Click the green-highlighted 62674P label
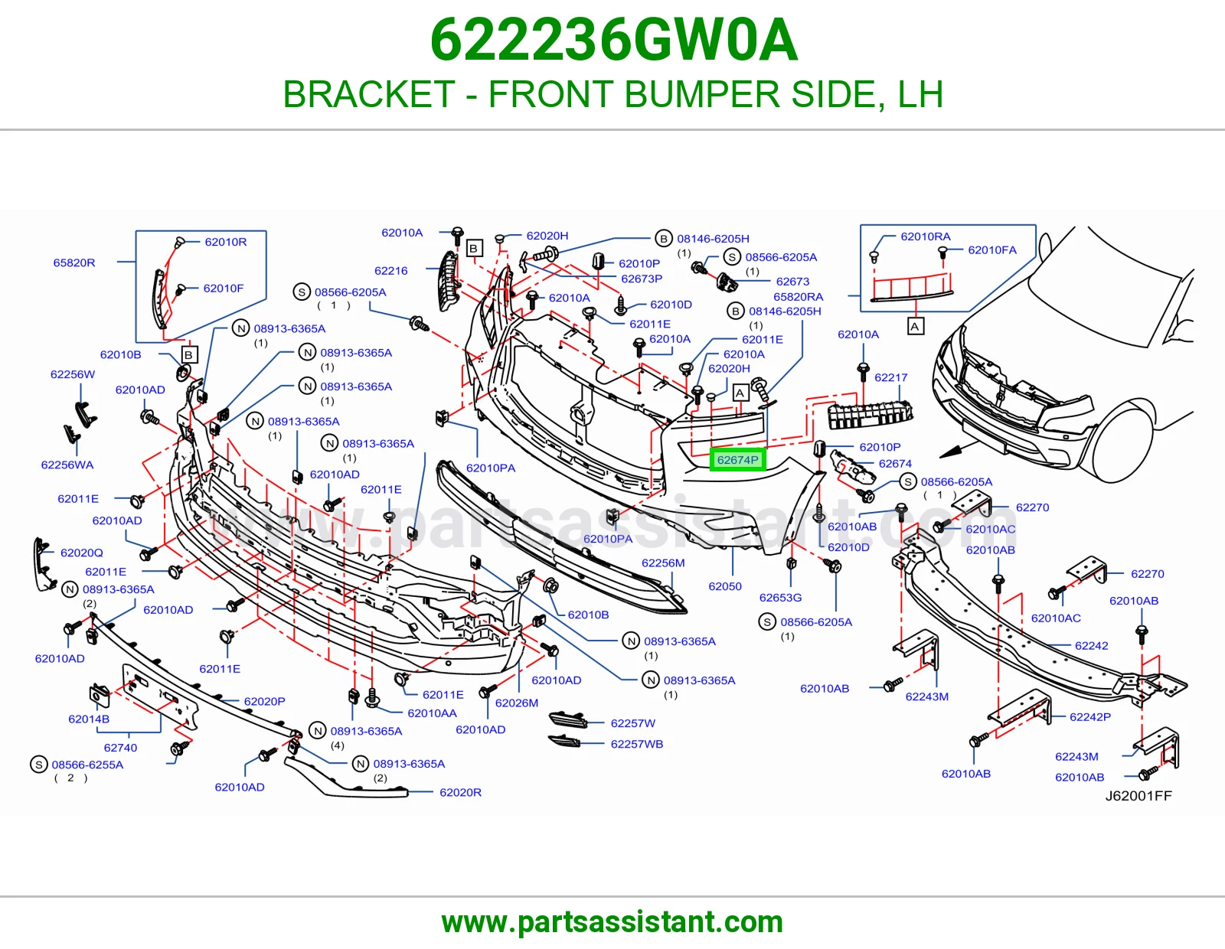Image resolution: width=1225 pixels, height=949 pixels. [x=737, y=460]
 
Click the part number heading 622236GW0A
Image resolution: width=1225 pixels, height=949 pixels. [x=613, y=41]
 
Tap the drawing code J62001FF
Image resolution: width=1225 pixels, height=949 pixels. [x=1138, y=795]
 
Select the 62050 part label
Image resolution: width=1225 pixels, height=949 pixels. [x=725, y=586]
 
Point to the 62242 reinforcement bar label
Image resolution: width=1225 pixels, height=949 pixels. [x=1091, y=645]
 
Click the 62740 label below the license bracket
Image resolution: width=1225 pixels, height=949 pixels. [x=120, y=747]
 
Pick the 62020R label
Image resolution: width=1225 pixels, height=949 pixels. [x=460, y=792]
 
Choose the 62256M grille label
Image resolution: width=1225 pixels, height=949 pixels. [x=663, y=563]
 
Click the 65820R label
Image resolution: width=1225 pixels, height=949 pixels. [x=73, y=262]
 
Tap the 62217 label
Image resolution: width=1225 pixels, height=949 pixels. [x=890, y=377]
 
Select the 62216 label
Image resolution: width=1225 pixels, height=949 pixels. [x=390, y=270]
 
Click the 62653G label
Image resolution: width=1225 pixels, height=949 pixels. [x=780, y=598]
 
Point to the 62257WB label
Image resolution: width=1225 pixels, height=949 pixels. [x=636, y=744]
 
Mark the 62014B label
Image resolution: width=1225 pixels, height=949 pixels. [x=89, y=719]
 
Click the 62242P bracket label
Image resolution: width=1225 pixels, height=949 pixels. [x=1090, y=717]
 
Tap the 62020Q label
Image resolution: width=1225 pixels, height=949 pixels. [x=81, y=553]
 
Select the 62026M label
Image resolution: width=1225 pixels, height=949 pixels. [x=516, y=703]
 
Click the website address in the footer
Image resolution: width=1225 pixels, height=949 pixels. [x=612, y=922]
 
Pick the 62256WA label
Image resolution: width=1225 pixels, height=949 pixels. [x=67, y=465]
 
